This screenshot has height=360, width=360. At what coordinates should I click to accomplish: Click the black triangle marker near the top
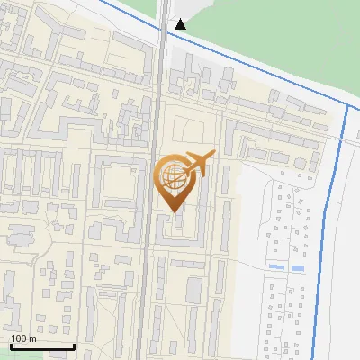click(x=181, y=24)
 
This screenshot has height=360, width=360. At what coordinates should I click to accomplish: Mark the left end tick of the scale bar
click(x=11, y=346)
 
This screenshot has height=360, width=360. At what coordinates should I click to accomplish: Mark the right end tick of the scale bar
click(x=74, y=346)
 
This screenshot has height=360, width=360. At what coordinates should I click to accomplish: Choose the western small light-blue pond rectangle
click(x=275, y=268)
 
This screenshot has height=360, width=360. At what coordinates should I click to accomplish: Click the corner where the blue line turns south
click(x=347, y=106)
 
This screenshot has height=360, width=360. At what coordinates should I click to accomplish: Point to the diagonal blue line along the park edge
click(x=261, y=67)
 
